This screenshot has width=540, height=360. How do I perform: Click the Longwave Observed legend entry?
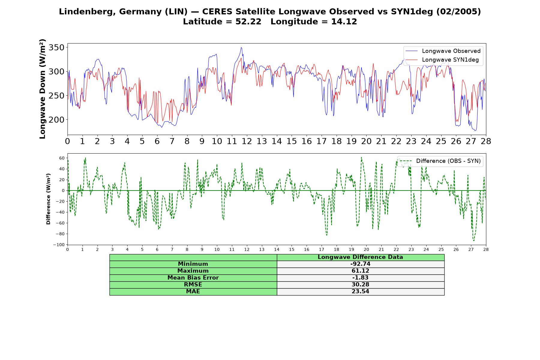(442, 51)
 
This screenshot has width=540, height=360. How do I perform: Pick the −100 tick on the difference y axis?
(59, 245)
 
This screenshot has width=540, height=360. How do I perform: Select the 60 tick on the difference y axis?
(62, 158)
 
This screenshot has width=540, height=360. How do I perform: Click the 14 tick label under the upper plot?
(277, 141)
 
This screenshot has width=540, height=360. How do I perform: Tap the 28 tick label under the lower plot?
(486, 249)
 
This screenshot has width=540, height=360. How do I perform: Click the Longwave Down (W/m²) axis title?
(42, 89)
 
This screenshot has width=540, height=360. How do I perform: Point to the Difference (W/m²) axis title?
(48, 199)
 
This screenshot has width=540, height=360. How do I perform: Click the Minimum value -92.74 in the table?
(360, 264)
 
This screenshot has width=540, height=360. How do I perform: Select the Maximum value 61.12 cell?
(360, 271)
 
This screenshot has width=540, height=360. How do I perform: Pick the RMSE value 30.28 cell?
(360, 285)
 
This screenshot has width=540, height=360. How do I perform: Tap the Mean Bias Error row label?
(193, 278)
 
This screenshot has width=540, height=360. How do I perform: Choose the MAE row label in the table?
(193, 292)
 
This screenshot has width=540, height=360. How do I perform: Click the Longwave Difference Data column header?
(360, 257)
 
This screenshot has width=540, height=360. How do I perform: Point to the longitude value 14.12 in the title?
(344, 22)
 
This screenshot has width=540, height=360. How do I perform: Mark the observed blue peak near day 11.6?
(241, 47)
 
